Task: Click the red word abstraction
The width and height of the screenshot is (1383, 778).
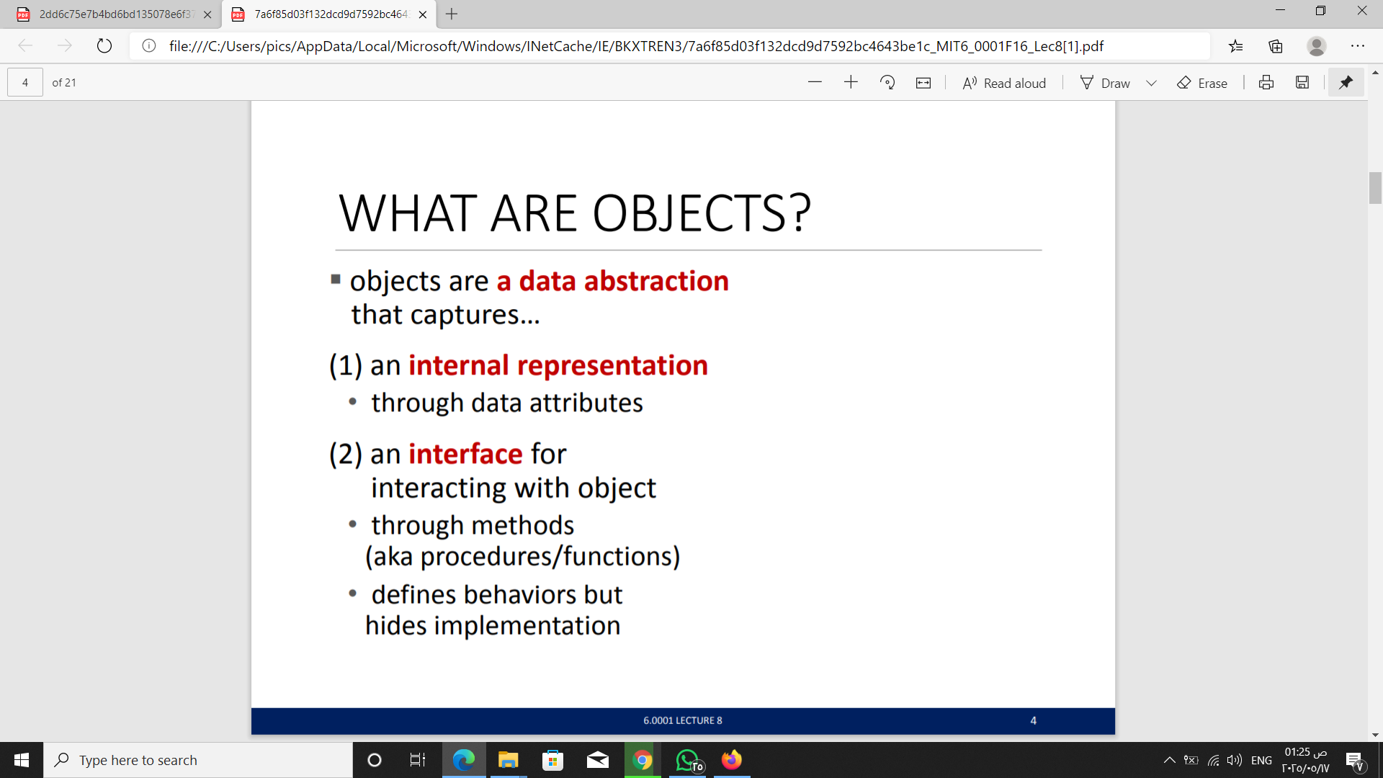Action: (656, 281)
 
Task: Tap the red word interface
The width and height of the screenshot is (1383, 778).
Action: (465, 454)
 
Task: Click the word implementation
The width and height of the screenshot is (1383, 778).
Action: (527, 626)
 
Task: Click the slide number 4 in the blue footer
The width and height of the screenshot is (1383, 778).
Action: (1034, 720)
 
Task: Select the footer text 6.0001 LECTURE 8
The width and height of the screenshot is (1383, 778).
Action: (683, 720)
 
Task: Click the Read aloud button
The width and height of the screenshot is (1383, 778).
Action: (1004, 83)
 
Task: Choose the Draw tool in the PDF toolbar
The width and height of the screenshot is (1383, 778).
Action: (1106, 83)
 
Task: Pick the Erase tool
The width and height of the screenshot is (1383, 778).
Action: (1202, 83)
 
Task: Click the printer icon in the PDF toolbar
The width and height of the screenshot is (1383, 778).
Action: (1266, 83)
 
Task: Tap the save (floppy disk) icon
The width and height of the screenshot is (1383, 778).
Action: (1302, 83)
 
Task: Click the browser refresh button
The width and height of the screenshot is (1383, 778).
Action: (104, 46)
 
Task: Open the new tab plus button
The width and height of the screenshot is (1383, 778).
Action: (452, 14)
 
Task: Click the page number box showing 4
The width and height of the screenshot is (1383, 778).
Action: (25, 83)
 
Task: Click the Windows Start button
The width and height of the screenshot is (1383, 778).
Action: (22, 760)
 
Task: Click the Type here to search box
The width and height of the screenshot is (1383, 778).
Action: (198, 760)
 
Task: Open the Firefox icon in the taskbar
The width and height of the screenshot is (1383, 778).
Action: (732, 760)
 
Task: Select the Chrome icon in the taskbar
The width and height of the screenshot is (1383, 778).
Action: (643, 760)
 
